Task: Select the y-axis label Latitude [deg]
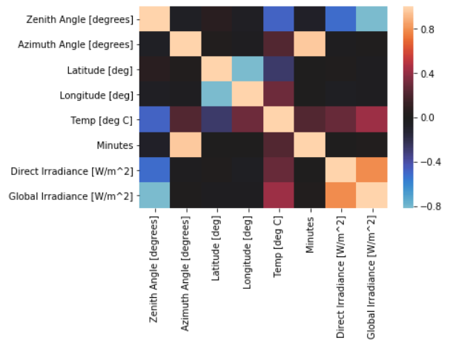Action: tap(101, 70)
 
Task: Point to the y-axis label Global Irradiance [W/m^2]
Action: tap(73, 196)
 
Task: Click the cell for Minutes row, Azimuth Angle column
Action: tap(186, 145)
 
